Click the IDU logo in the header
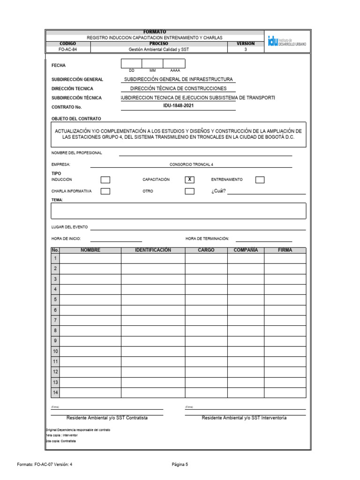pos(287,41)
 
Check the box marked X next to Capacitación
pos(189,180)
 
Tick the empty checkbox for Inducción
pos(105,180)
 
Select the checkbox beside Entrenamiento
pos(260,180)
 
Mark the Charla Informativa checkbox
pos(105,191)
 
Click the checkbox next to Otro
pos(189,191)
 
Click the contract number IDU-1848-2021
pos(178,106)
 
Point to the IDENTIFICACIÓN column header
pos(153,250)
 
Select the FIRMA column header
pos(285,250)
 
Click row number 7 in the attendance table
pos(55,320)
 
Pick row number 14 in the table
pos(55,392)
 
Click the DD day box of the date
pos(131,64)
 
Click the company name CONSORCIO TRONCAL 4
pos(191,165)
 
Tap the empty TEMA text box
pos(178,211)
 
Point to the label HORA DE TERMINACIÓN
pos(207,239)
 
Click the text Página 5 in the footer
pos(180,465)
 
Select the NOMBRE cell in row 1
pos(90,258)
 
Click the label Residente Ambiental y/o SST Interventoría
pos(244,418)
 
